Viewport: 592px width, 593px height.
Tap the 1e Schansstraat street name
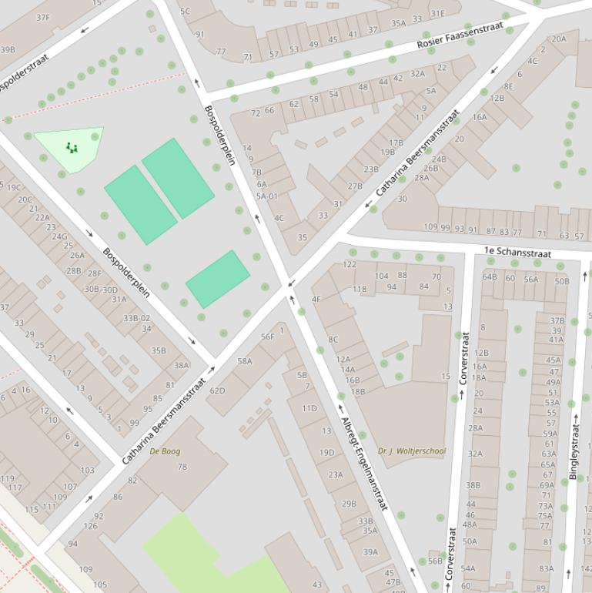[x=517, y=251]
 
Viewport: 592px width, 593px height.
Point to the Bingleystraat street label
[x=574, y=451]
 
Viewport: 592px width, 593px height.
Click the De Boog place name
[x=165, y=451]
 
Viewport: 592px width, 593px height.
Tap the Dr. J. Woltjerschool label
[x=412, y=451]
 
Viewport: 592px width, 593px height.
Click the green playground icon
[x=72, y=147]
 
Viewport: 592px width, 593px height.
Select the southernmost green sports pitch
[x=218, y=279]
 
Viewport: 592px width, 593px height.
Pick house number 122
[x=350, y=264]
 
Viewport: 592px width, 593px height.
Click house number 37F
[x=43, y=17]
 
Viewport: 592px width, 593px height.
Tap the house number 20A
[x=559, y=39]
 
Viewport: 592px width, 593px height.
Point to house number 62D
[x=218, y=390]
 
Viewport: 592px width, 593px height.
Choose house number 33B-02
[x=136, y=317]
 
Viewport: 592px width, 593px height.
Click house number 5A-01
[x=266, y=196]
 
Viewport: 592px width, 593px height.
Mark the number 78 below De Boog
[x=182, y=467]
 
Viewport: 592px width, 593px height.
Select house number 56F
[x=267, y=337]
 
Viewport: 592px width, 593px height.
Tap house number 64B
[x=490, y=276]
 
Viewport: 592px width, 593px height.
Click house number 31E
[x=437, y=13]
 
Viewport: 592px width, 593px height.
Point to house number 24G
[x=59, y=236]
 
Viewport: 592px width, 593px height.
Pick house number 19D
[x=326, y=453]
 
